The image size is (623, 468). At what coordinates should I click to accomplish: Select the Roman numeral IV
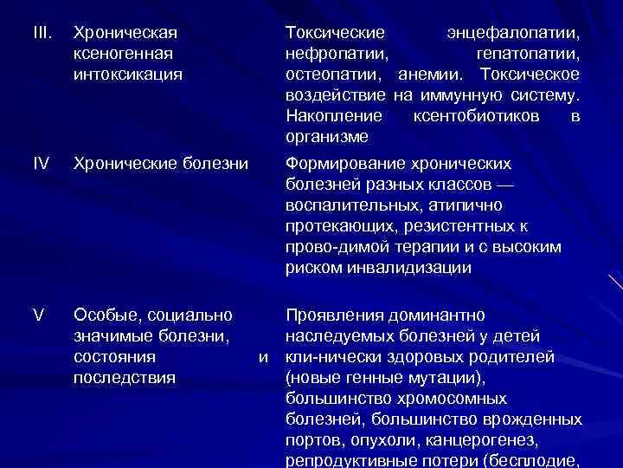39,163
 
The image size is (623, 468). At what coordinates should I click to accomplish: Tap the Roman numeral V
38,315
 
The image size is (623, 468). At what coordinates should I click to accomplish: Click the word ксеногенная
122,54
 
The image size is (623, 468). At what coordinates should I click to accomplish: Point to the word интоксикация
128,75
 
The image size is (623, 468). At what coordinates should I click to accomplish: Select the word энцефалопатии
513,33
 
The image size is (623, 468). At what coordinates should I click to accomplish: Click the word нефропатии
332,54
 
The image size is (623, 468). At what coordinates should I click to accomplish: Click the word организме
326,137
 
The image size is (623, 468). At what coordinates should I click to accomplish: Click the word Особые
103,315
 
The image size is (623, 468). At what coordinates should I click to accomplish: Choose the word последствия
125,377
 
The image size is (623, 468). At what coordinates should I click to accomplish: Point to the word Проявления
330,315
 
